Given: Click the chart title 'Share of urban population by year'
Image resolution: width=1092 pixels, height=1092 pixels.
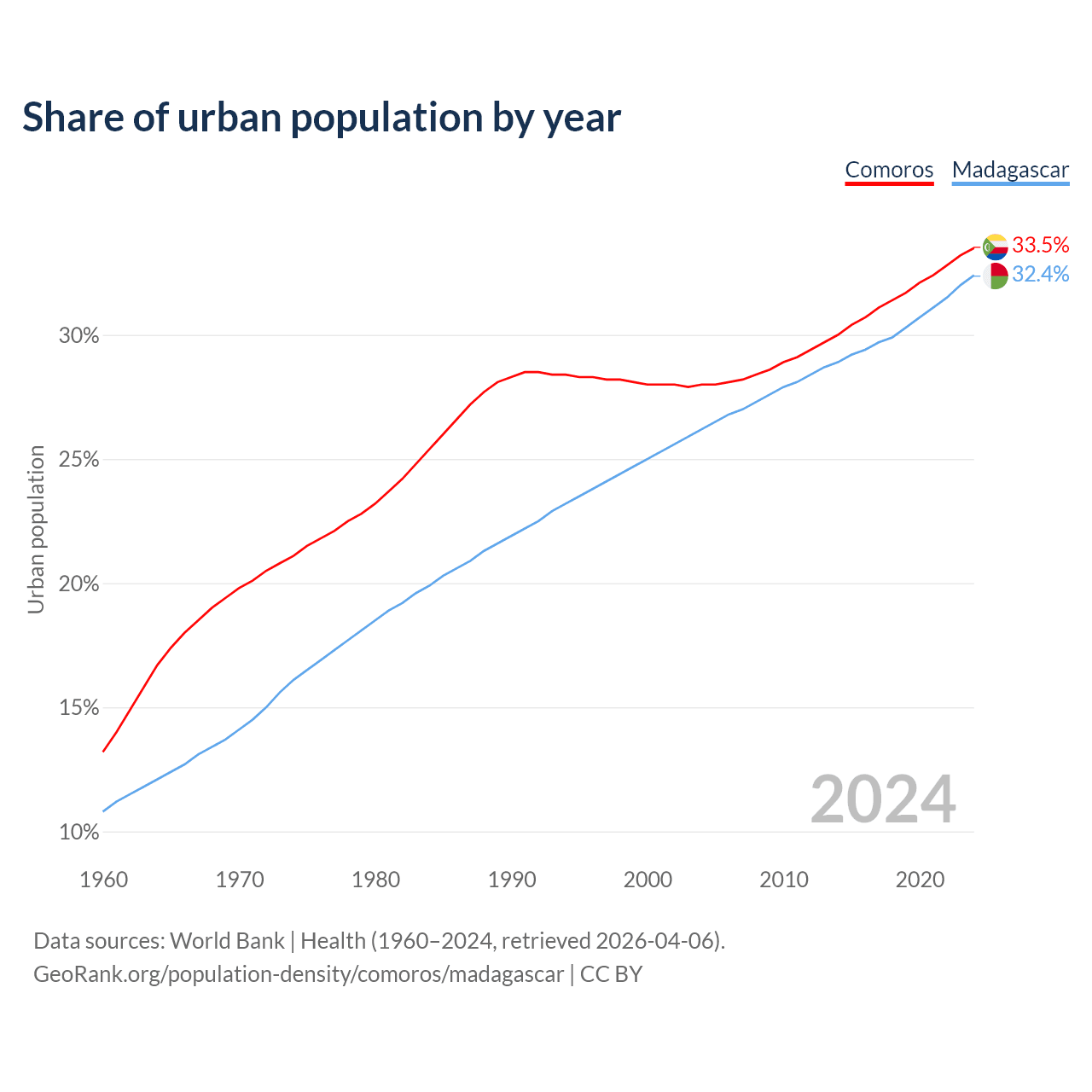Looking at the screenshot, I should pos(322,118).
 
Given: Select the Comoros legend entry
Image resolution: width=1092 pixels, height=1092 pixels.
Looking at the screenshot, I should pos(889,170).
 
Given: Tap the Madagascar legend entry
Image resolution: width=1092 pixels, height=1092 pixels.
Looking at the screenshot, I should pos(1010,170).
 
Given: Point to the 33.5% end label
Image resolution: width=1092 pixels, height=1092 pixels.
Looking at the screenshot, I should pos(1040,246).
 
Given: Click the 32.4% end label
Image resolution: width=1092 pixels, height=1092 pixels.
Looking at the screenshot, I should pos(1040,275).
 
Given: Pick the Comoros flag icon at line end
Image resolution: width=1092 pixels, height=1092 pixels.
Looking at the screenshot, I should pos(995,247).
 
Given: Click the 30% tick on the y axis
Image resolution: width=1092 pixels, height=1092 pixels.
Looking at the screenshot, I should pos(79,336).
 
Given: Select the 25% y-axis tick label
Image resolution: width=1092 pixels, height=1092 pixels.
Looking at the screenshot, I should pos(79,461).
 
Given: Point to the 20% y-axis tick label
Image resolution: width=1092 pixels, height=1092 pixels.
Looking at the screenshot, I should pos(79,584).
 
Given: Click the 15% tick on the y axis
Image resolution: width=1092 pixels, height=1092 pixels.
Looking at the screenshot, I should pos(79,708).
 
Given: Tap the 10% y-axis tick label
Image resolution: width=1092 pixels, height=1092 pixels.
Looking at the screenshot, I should pos(79,833).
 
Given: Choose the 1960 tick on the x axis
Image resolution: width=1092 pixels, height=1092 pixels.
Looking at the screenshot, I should pos(104,880).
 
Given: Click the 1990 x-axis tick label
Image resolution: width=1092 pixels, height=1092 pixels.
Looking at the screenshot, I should pos(512,880).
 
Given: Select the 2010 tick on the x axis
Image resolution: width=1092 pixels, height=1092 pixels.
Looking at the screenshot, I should pos(784,880).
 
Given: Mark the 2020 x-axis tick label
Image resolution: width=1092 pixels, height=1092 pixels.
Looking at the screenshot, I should pos(920,880).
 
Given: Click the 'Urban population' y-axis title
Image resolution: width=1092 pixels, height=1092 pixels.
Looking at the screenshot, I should pos(36,529).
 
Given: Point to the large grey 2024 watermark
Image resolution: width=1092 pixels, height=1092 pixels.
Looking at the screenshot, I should pos(883,800).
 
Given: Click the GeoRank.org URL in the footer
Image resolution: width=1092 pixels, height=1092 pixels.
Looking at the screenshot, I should pos(299,974).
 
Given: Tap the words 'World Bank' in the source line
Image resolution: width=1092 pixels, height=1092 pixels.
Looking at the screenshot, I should pos(227,941).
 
